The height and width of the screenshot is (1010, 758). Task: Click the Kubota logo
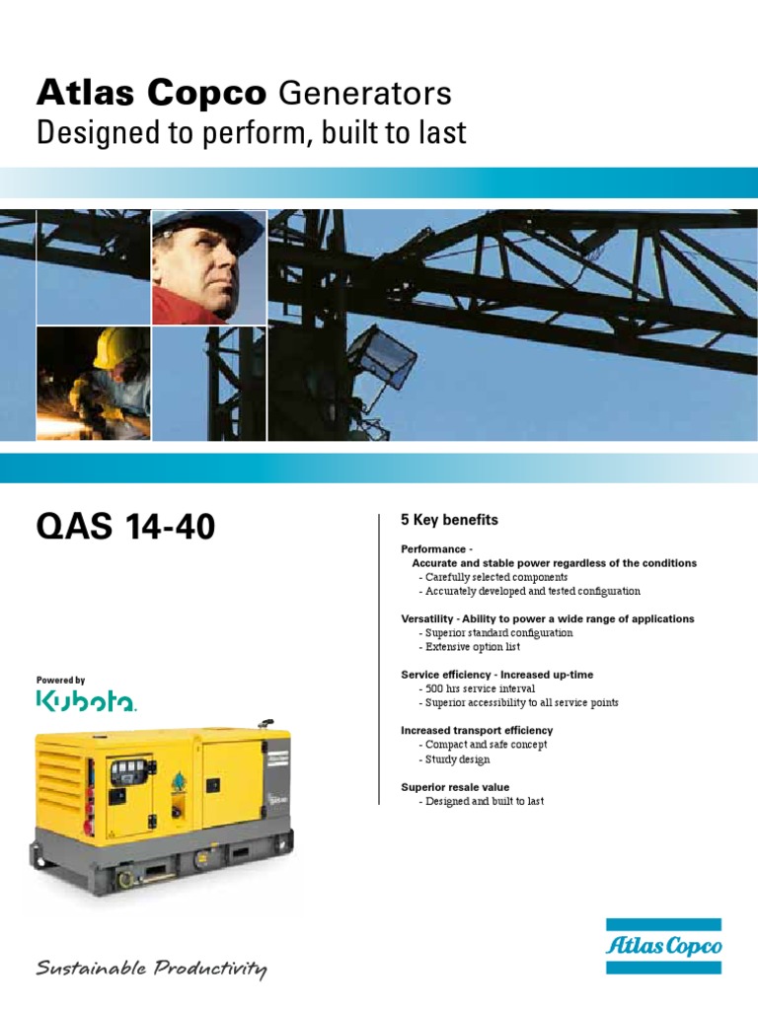click(87, 701)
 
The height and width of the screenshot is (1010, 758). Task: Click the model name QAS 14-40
click(125, 528)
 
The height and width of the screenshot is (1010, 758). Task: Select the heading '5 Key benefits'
click(449, 520)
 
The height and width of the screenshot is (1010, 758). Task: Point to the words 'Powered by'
click(61, 681)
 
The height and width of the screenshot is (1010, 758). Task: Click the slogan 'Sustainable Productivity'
click(151, 970)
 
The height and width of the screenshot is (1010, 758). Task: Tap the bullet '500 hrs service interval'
click(480, 688)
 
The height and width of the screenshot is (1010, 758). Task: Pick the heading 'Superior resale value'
click(455, 787)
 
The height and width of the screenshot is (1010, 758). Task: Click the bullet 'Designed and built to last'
click(483, 801)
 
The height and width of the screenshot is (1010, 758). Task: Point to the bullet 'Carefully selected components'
click(494, 577)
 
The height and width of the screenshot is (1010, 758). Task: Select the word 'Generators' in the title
click(364, 94)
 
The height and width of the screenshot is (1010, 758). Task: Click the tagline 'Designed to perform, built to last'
click(251, 133)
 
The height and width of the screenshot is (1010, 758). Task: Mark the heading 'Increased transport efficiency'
click(477, 731)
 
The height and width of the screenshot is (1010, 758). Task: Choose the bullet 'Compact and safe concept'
click(485, 745)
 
